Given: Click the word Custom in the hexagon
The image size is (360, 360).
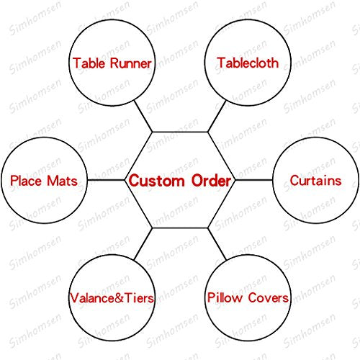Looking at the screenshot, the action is (156, 181).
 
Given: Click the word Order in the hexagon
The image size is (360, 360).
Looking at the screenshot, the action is (211, 181).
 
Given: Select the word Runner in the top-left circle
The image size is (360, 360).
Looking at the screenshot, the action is (131, 63).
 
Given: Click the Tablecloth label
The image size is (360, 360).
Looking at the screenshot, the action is (248, 63).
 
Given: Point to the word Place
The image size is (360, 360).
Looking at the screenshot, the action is (26, 181).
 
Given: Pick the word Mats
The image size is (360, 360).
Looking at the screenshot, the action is (63, 181).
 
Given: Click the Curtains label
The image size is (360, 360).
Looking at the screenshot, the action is (315, 180).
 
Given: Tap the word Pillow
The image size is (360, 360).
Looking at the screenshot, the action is (225, 298).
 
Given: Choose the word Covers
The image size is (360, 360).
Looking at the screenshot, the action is (268, 298).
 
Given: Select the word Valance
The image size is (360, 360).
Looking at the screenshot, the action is (92, 298).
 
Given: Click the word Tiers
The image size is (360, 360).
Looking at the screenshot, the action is (139, 298).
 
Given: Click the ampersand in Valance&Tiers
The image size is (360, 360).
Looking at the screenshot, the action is (120, 298).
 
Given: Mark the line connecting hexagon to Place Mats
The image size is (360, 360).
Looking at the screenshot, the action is (106, 180).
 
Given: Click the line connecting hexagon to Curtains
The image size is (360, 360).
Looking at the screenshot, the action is (253, 180).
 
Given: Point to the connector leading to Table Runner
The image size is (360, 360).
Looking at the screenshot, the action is (143, 116).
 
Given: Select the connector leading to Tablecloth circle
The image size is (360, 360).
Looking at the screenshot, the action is (217, 116).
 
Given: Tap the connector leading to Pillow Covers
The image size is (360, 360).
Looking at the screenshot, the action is (217, 244).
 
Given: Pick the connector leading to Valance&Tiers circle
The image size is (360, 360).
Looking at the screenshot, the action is (143, 244).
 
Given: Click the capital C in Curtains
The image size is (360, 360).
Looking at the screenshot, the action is (294, 181).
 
